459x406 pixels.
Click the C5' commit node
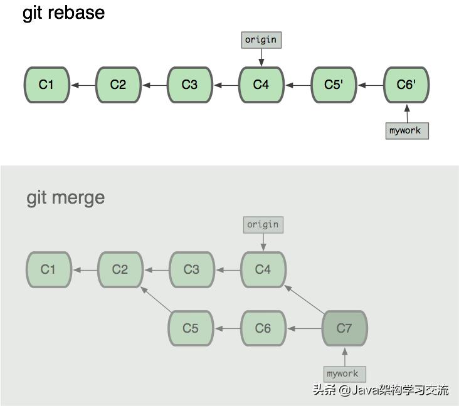point(333,85)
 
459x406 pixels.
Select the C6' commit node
point(406,85)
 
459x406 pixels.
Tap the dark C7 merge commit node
point(344,328)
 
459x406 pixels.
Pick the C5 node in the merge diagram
point(191,328)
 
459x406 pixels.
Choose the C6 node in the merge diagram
point(263,328)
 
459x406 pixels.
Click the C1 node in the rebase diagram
point(46,85)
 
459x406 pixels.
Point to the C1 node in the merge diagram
point(48,269)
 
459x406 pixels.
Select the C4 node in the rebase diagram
point(261,85)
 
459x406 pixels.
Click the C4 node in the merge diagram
point(263,269)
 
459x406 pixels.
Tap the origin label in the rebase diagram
point(261,39)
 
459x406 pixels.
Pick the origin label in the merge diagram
point(263,224)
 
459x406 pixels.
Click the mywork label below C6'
point(406,130)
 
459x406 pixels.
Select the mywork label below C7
point(343,373)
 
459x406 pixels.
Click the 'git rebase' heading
point(64,13)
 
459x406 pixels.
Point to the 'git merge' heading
point(65,197)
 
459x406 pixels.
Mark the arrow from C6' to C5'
point(370,85)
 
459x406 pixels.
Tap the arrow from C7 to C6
point(304,328)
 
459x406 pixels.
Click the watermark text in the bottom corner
point(381,390)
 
